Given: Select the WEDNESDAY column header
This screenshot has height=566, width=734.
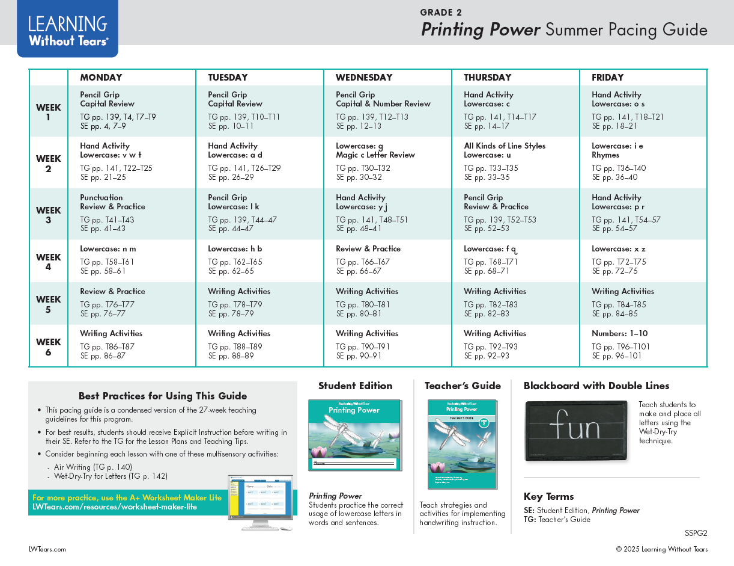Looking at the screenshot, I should coord(363,78).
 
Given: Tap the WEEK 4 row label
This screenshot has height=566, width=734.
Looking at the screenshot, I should coord(48,262).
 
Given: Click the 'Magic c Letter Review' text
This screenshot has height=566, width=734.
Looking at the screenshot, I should coord(375,155).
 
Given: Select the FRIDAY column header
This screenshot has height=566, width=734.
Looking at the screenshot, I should coord(607,78).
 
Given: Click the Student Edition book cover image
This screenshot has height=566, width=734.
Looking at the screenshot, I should coord(354,435).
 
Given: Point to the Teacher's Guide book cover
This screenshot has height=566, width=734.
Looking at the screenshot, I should coord(462,444).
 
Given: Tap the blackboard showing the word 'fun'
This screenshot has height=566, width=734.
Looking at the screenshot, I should coord(576,431).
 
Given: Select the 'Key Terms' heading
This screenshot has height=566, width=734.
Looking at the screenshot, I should coord(548,496).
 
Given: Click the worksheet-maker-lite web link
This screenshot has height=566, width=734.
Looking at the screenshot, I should coord(114,507).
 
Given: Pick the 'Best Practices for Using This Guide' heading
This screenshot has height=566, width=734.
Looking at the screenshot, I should coord(163,396).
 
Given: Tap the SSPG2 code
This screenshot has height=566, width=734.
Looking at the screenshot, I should coord(696,533).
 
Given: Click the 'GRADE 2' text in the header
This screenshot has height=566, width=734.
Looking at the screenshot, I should coord(441,13).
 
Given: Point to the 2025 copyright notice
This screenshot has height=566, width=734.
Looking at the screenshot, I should coord(661,549).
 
